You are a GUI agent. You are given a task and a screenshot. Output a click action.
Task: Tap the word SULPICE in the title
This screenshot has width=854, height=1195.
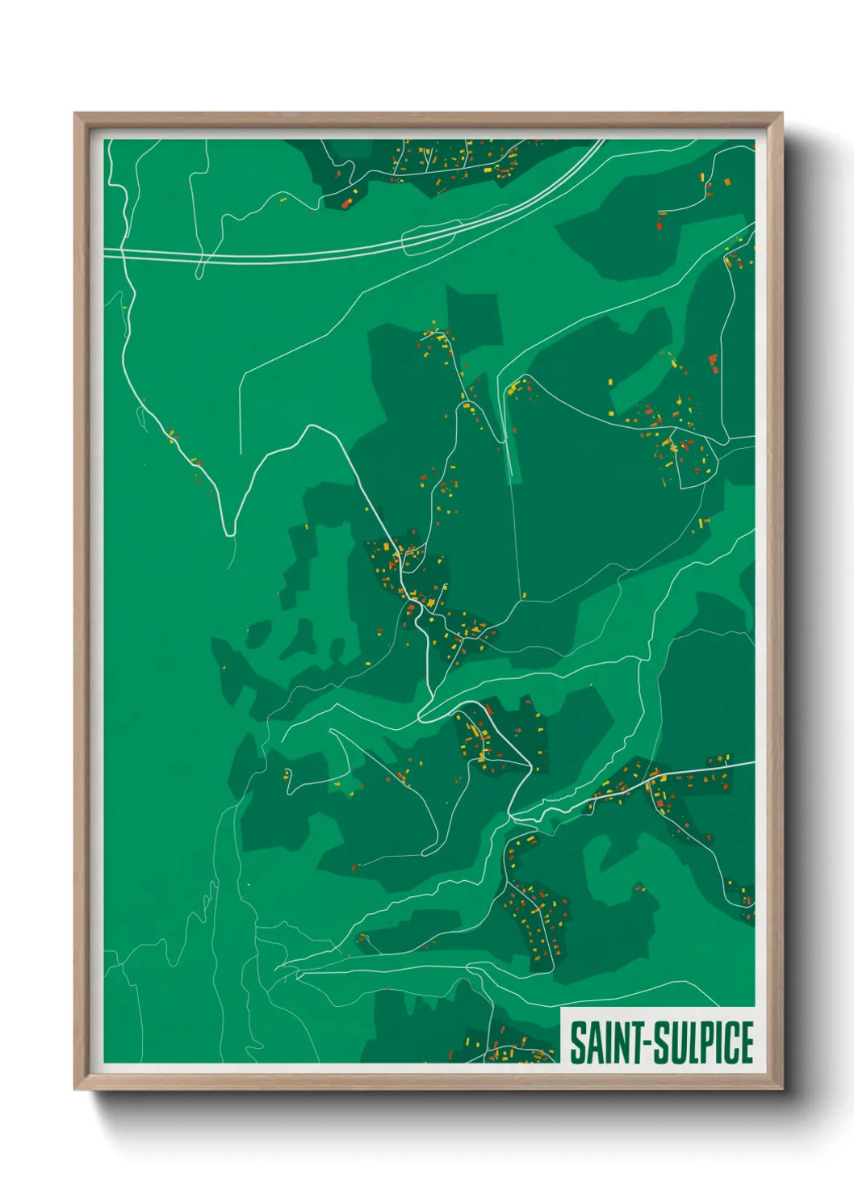click(703, 1042)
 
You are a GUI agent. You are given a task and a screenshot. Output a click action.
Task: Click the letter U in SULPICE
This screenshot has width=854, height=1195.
click(676, 1042)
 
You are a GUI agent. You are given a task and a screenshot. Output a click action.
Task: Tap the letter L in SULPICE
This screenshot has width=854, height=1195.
click(692, 1042)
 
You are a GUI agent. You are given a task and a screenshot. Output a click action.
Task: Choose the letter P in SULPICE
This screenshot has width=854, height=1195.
click(705, 1042)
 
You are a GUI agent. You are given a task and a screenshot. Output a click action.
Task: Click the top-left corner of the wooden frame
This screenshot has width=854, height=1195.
click(75, 114)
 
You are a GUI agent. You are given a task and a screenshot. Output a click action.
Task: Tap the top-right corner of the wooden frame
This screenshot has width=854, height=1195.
click(781, 114)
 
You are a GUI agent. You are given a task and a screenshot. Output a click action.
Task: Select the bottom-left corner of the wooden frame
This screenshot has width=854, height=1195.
click(75, 1089)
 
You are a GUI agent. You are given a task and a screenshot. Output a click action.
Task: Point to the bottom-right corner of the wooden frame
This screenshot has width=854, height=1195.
click(781, 1089)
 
